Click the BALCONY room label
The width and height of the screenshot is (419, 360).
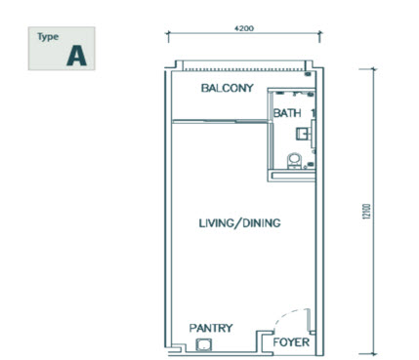(x=227, y=89)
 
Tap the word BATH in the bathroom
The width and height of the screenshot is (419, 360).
(x=286, y=113)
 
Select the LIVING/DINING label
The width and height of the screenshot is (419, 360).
(x=239, y=223)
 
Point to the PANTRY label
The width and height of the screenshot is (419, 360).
(x=210, y=328)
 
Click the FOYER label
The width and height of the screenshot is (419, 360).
(x=292, y=343)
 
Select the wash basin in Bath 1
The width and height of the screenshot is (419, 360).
(x=306, y=131)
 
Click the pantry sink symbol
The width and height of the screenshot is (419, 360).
(x=204, y=344)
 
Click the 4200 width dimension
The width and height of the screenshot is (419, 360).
(x=244, y=29)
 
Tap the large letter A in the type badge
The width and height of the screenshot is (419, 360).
(x=76, y=56)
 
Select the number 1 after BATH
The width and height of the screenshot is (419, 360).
(x=314, y=113)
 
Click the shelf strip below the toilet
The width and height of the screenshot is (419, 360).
(x=292, y=173)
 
